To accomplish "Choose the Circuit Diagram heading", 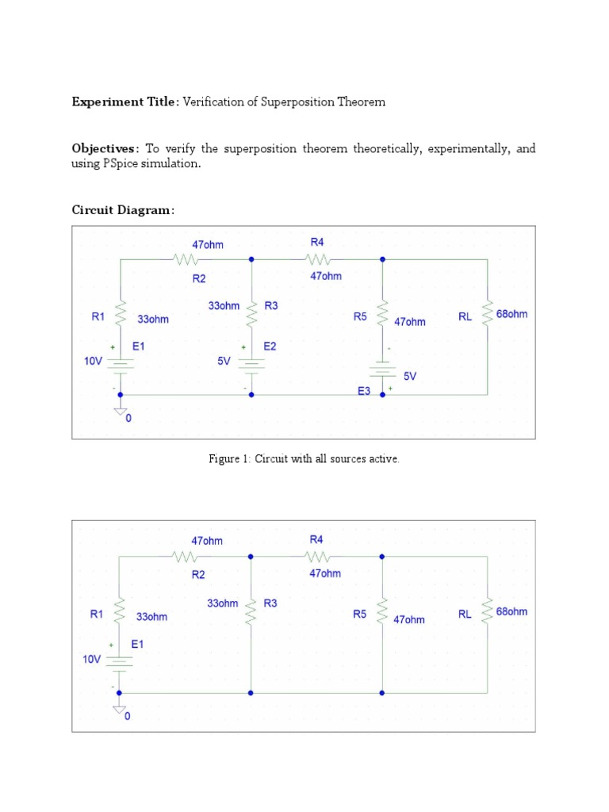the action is [123, 210].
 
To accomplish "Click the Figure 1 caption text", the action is [304, 459].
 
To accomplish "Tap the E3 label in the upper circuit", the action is [363, 392].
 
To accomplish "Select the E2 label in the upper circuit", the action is [270, 347].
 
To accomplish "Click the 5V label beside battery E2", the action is [224, 361].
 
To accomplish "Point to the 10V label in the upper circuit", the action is [93, 361].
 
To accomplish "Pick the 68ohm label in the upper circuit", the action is [511, 314].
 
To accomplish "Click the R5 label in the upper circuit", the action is [360, 316].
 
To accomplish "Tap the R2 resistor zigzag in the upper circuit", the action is [185, 259].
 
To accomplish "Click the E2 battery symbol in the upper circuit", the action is [251, 364].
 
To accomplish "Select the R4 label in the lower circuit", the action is [316, 539].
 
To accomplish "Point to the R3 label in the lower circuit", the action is [270, 603].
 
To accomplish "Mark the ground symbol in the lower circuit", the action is [120, 708].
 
